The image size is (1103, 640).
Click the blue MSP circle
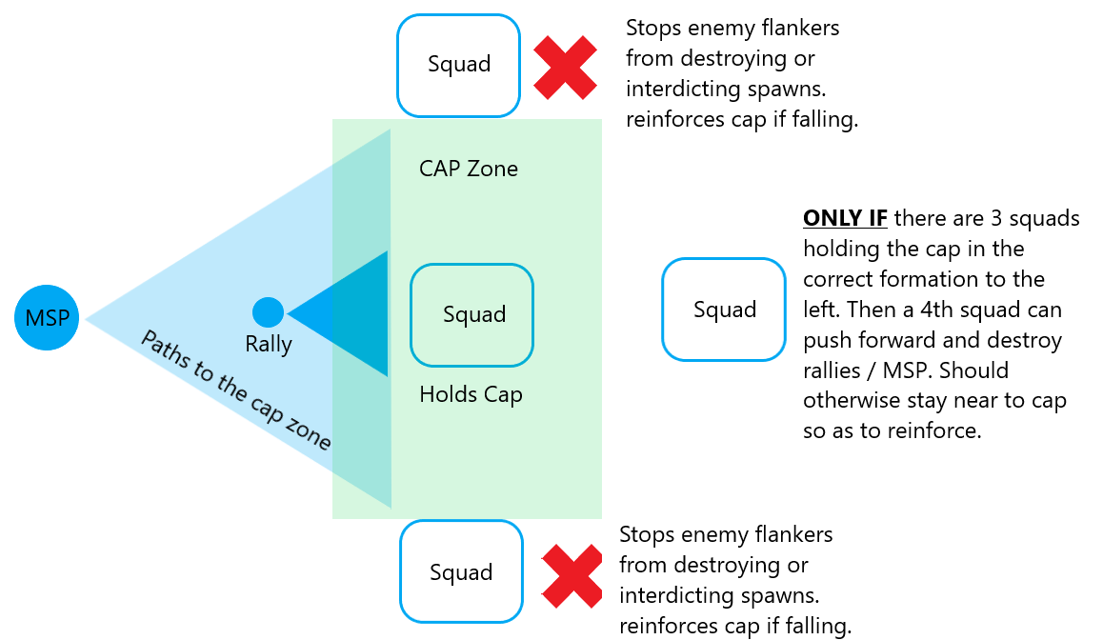click(48, 317)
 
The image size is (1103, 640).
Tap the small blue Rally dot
click(268, 312)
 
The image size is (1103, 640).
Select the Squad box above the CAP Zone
click(459, 65)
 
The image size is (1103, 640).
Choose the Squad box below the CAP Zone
click(461, 572)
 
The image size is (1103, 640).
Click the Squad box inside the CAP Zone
click(472, 315)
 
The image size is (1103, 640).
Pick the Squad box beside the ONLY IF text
click(724, 310)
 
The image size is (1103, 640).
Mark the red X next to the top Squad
click(564, 68)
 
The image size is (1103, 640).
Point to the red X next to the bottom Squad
click(572, 576)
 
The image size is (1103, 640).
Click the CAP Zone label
click(469, 170)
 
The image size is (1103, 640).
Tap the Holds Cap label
click(471, 393)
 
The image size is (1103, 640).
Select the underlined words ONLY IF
click(845, 219)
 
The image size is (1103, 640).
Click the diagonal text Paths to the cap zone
click(236, 390)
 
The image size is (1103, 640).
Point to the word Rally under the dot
click(269, 344)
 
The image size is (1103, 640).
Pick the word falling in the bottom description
click(810, 626)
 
